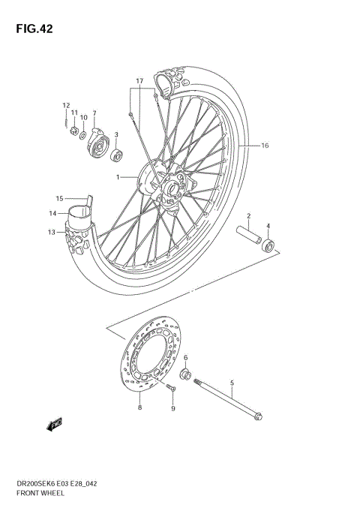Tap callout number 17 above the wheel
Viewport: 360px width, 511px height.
point(139,80)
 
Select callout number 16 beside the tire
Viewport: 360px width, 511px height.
point(264,146)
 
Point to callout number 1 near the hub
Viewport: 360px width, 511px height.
point(118,177)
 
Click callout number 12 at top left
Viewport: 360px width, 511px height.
point(66,105)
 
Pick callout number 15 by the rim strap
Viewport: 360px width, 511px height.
point(59,199)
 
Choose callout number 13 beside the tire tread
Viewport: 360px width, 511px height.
point(52,232)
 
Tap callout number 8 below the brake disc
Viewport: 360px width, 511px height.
point(139,407)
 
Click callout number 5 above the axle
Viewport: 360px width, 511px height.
point(232,383)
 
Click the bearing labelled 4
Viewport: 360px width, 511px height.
point(268,245)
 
